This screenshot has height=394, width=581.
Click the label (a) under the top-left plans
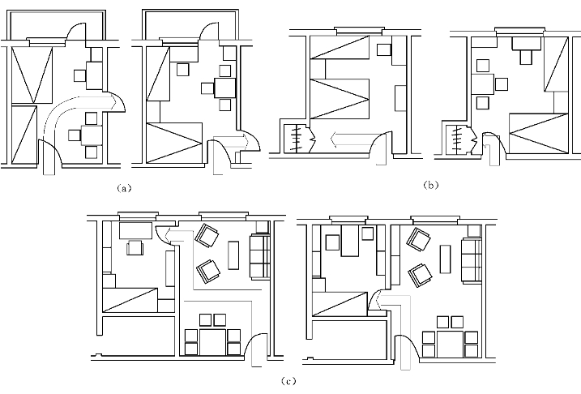tap(123, 187)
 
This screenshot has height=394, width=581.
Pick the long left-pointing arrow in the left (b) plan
tap(349, 141)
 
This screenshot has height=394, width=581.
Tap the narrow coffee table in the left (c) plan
tap(234, 257)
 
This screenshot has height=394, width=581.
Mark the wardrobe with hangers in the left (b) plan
tap(297, 139)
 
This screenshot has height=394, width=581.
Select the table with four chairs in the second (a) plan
tap(224, 87)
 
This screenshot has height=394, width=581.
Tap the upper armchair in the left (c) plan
tap(207, 238)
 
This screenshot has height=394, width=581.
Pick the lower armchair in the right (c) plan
tap(421, 275)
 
